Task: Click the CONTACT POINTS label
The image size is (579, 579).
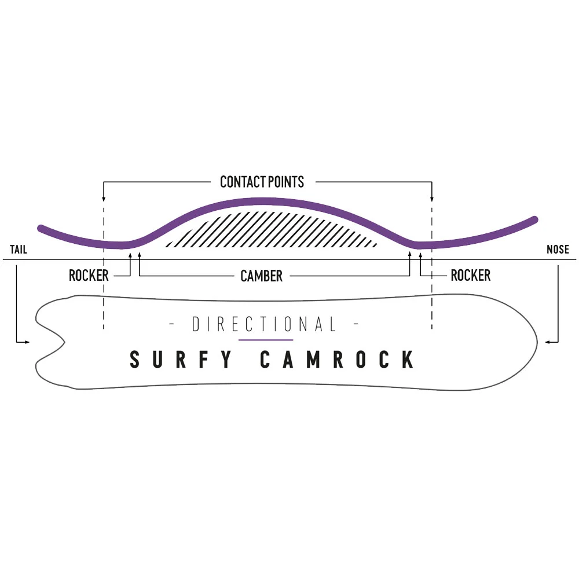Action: [262, 182]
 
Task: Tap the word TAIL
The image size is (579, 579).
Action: [19, 250]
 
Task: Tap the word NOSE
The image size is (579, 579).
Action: [558, 250]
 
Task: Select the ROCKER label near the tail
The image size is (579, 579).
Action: [89, 276]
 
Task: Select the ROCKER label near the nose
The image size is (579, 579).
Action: [470, 276]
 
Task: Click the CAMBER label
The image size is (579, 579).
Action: [262, 276]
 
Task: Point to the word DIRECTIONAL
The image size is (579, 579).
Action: [264, 325]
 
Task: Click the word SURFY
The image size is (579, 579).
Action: [181, 360]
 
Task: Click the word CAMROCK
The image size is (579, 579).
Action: [337, 360]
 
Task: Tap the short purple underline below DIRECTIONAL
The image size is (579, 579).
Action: [266, 340]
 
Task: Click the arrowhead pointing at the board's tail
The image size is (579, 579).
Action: [27, 342]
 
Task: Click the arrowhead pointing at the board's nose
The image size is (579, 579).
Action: [548, 342]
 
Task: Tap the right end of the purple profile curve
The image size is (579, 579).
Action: [536, 219]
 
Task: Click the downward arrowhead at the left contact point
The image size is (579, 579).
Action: [103, 199]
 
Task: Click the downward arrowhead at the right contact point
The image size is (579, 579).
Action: [431, 199]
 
